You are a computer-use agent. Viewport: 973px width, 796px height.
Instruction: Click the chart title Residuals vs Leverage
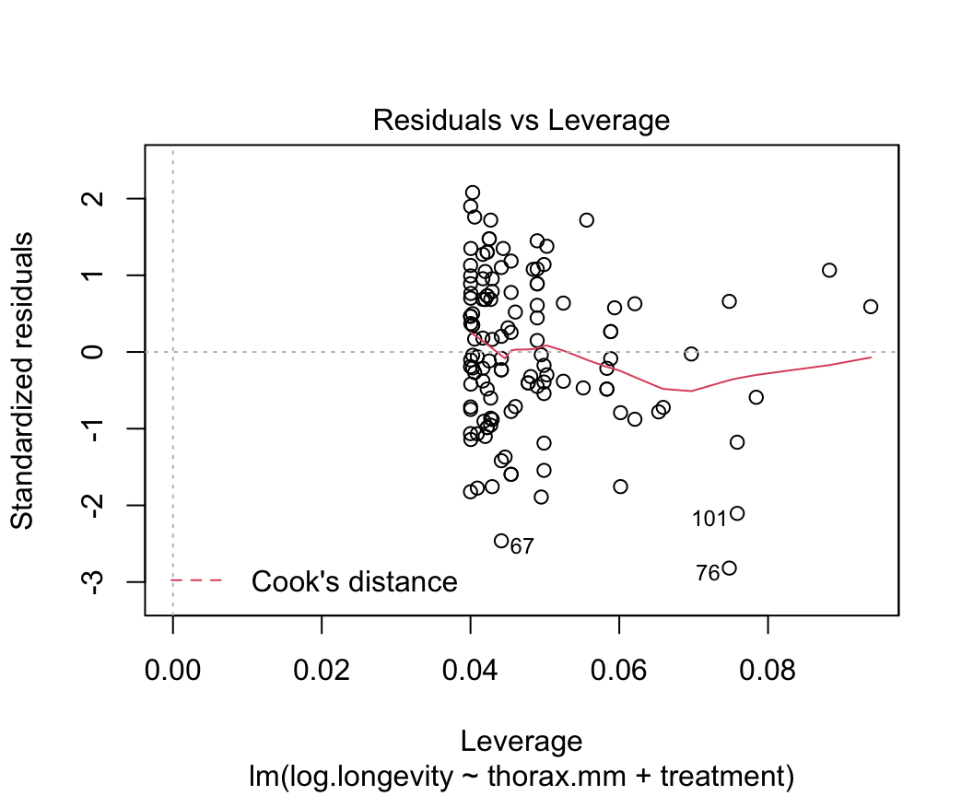pos(521,121)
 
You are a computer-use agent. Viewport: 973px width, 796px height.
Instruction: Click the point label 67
pos(522,546)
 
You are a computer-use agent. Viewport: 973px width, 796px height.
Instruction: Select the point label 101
pos(709,519)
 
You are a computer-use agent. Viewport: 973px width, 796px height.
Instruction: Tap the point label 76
pos(708,573)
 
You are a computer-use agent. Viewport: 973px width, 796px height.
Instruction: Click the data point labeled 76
pos(730,568)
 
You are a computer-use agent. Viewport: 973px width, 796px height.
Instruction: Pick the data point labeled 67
pos(501,541)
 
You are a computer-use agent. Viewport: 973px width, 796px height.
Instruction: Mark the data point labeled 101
pos(737,513)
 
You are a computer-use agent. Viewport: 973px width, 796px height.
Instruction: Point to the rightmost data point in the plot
pos(871,306)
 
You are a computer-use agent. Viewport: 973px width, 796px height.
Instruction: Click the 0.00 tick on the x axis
pos(173,668)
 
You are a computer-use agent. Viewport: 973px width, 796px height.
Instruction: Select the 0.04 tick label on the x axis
pos(470,668)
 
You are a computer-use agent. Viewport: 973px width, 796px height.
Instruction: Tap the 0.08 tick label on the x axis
pos(767,668)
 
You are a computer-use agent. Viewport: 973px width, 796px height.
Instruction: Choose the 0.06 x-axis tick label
pos(618,668)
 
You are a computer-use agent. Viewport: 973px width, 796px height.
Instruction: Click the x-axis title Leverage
pos(521,742)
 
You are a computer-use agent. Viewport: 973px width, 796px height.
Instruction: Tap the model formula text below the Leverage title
pos(521,777)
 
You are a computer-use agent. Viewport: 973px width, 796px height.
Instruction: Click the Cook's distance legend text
pos(354,581)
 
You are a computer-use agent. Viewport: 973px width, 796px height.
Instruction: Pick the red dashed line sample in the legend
pos(196,580)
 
